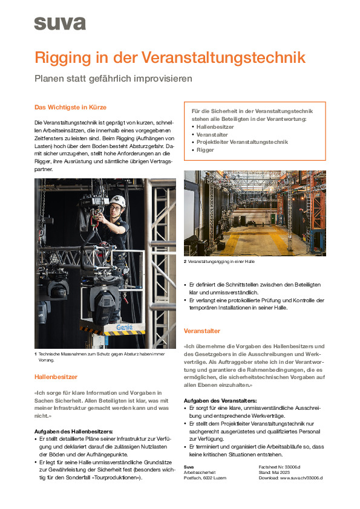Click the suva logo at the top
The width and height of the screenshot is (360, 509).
point(60,24)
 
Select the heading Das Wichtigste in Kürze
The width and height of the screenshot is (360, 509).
point(70,108)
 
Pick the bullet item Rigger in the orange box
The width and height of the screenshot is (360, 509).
point(206,149)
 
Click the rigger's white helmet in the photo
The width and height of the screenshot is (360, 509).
point(119,201)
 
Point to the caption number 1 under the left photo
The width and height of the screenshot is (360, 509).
point(36,354)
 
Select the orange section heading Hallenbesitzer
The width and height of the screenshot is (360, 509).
point(56,377)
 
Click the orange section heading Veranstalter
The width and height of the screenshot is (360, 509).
point(201,331)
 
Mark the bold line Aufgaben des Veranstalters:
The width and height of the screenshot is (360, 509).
point(220,401)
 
